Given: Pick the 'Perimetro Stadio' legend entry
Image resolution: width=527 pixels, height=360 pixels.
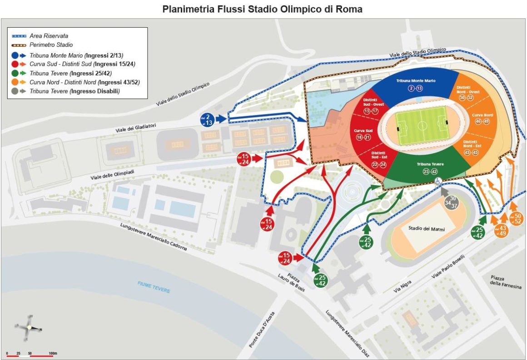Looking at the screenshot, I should tap(51, 45).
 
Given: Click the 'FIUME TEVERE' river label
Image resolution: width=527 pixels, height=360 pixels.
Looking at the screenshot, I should tap(154, 286).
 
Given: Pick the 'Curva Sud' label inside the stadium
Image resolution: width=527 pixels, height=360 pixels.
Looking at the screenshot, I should tap(363, 131).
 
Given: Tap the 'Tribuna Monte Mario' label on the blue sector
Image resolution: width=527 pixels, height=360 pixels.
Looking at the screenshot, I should tap(416, 80).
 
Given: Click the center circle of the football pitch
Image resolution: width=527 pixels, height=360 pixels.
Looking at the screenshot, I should tap(421, 123).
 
